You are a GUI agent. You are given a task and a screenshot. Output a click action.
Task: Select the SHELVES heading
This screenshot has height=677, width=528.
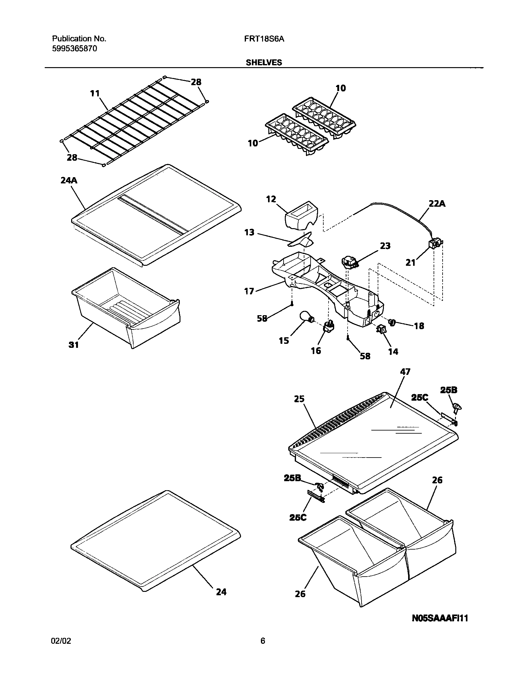pyautogui.click(x=264, y=62)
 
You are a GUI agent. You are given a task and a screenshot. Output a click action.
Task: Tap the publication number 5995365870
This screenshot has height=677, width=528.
pyautogui.click(x=74, y=49)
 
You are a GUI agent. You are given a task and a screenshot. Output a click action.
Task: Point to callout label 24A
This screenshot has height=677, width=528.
pyautogui.click(x=69, y=180)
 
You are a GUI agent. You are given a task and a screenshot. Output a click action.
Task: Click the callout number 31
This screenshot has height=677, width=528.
pyautogui.click(x=74, y=344)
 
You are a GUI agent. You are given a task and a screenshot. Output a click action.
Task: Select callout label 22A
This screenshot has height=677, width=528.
pyautogui.click(x=437, y=204)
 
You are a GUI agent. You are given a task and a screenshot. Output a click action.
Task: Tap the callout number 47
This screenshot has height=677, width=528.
pyautogui.click(x=405, y=371)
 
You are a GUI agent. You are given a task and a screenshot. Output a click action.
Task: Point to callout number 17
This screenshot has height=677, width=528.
pyautogui.click(x=249, y=291)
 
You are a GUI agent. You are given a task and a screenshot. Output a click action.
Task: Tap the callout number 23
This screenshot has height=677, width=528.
pyautogui.click(x=385, y=246)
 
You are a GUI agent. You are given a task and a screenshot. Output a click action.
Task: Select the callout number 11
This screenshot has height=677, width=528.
pyautogui.click(x=95, y=93)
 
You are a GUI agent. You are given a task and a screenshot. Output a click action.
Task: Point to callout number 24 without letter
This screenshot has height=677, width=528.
pyautogui.click(x=221, y=592)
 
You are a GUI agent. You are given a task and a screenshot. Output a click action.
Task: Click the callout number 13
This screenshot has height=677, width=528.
pyautogui.click(x=249, y=232)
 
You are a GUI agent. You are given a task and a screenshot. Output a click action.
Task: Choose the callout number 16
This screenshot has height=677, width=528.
pyautogui.click(x=316, y=351)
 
